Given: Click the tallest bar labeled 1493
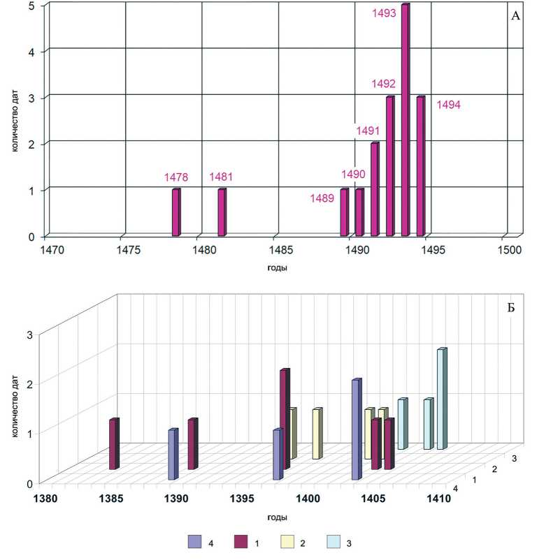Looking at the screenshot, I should click(405, 119).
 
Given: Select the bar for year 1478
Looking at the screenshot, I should click(176, 212).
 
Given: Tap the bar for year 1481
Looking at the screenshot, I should click(222, 212).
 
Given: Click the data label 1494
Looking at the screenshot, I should click(448, 105).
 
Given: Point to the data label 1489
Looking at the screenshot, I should click(322, 198).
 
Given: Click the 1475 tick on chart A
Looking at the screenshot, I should click(126, 249).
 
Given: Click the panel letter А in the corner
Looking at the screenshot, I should click(515, 15).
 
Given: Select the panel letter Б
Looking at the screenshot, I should click(515, 324).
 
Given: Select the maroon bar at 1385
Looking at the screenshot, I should click(114, 444).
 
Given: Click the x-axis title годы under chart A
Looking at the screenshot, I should click(278, 267).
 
